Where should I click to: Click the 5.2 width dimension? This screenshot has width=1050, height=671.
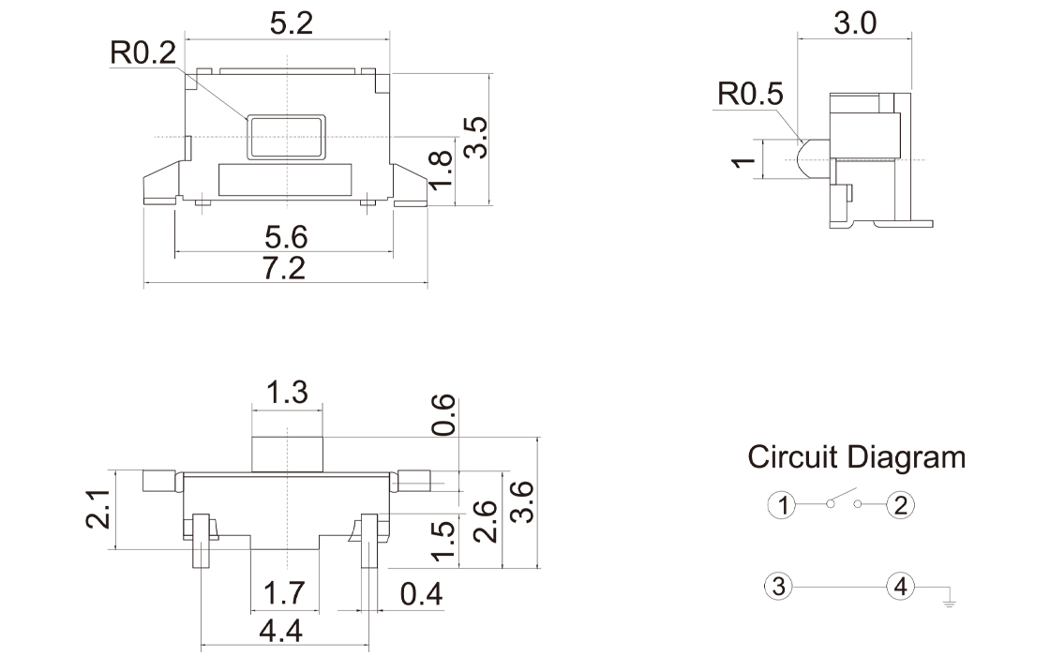coord(291,24)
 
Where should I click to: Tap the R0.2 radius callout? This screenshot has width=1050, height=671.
coord(142,52)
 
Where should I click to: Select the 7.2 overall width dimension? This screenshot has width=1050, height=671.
coord(284,269)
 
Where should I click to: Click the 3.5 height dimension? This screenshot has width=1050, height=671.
coord(475,137)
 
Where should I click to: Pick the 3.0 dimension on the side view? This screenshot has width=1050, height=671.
coord(854,23)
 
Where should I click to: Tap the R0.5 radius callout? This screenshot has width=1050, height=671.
coord(751,95)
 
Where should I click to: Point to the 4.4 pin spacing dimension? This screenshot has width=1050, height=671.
coord(280,633)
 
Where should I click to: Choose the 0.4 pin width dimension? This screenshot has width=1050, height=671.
coord(420,594)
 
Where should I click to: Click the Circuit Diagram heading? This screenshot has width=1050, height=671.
coord(856,457)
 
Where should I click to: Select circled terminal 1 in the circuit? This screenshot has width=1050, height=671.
coord(780,506)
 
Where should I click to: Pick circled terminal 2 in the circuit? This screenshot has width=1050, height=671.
coord(901,506)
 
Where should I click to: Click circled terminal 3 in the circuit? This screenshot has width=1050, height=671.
coord(780,588)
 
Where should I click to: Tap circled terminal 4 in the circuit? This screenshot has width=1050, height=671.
coord(901,588)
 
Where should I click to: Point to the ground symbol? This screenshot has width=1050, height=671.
coord(949,598)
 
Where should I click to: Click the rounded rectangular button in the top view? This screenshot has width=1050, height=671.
coord(286,137)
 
